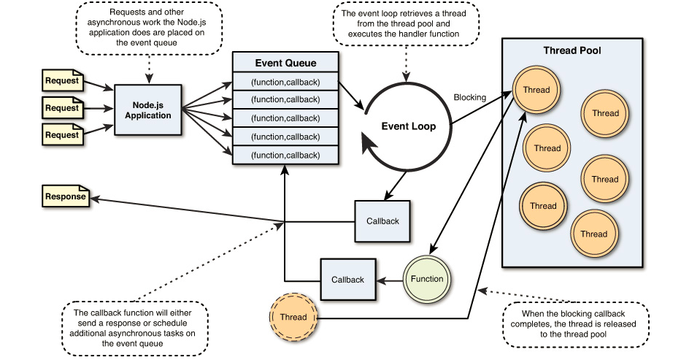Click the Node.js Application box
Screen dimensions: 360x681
(147, 110)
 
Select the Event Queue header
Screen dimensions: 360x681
(285, 63)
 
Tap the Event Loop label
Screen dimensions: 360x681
(409, 126)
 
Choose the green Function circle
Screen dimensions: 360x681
(427, 279)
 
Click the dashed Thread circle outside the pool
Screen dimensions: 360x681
(293, 317)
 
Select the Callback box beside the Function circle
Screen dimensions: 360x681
(347, 280)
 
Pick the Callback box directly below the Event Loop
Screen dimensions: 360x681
(382, 221)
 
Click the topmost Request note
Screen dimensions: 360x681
(63, 80)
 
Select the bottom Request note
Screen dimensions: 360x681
(63, 135)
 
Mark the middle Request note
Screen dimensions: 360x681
(63, 108)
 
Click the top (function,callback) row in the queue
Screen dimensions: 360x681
(285, 80)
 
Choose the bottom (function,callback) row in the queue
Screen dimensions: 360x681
(285, 155)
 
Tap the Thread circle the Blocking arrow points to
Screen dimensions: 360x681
(537, 91)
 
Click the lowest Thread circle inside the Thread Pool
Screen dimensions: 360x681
(593, 234)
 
